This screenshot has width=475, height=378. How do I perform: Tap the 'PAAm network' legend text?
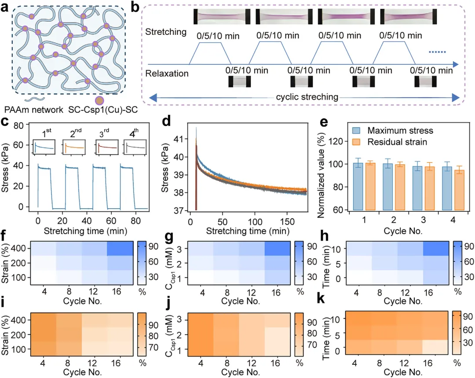point(33,110)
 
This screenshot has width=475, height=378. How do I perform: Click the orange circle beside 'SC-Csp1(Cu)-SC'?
point(99,100)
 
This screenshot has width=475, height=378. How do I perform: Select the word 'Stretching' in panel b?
point(166,32)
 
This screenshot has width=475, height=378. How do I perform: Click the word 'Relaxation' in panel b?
point(167,73)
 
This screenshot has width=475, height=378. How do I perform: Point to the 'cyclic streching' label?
point(307,97)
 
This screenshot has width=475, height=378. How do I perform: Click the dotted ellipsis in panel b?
point(437,52)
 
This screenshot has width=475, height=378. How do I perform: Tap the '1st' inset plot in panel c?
point(44,147)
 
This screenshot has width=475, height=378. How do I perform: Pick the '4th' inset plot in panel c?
point(135,147)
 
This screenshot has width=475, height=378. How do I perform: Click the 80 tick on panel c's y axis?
point(18,125)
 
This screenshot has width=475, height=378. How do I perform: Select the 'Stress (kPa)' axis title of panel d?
point(165,168)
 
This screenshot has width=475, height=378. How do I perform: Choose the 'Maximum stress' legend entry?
point(393,131)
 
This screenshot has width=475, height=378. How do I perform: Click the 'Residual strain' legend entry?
point(390,142)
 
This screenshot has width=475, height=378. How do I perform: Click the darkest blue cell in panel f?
point(120,249)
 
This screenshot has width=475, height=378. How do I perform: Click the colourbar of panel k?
point(457,333)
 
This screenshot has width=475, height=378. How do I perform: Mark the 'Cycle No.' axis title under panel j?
point(241,372)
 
